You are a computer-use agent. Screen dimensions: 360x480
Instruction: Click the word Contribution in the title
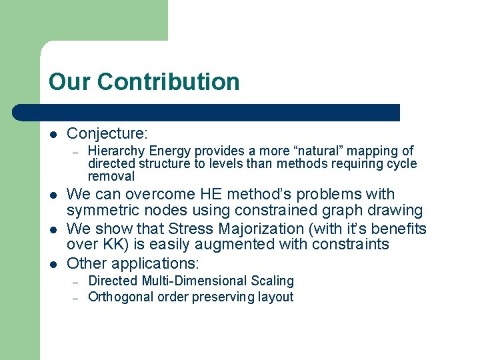pyautogui.click(x=168, y=82)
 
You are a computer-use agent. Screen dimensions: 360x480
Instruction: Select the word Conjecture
pyautogui.click(x=107, y=133)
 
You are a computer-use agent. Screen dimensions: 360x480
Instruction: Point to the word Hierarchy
pyautogui.click(x=117, y=151)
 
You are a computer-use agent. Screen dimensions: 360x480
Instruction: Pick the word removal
pyautogui.click(x=111, y=177)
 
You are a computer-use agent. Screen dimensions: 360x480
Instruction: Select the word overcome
pyautogui.click(x=164, y=195)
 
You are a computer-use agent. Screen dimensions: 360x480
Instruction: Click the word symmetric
pyautogui.click(x=103, y=211)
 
